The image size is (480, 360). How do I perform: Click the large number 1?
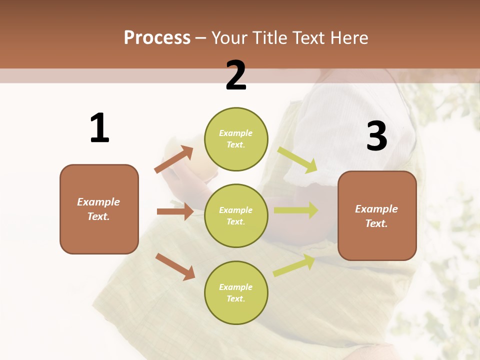pos(99,128)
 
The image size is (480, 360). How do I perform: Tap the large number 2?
pos(236,75)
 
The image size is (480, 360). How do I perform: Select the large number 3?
pos(376,136)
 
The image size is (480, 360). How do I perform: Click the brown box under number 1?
pos(99,209)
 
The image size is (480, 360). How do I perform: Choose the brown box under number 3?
pos(377,216)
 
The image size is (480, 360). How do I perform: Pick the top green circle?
pos(236,139)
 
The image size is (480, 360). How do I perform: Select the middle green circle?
pos(236,215)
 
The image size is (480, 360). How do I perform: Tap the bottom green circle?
pos(236,292)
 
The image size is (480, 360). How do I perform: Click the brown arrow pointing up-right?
pos(174,159)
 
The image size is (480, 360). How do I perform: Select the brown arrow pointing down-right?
pos(175,266)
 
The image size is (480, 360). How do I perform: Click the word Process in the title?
pos(157,37)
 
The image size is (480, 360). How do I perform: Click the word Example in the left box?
pos(98,202)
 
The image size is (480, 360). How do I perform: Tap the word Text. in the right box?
pos(376,223)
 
